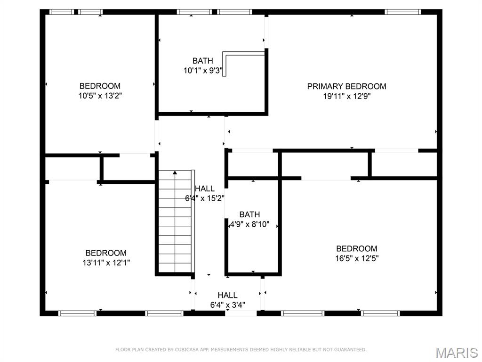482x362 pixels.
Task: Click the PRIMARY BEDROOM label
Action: [x=346, y=86]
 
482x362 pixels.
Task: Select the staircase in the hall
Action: [x=175, y=222]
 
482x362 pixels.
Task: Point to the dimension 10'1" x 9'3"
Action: [x=203, y=71]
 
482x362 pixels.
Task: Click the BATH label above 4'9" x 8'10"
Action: [x=249, y=214]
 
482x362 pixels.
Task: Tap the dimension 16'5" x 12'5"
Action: [x=356, y=258]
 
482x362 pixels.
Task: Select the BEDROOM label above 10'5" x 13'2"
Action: [x=100, y=86]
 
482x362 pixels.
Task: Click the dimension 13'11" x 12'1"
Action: [x=106, y=263]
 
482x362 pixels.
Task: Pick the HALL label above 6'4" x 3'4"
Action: [x=227, y=296]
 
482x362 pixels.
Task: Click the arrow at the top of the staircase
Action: [x=175, y=173]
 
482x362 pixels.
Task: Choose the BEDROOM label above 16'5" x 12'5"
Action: [x=356, y=248]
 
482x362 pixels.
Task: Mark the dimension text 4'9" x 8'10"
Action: [x=249, y=224]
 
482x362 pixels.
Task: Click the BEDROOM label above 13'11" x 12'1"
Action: [x=106, y=253]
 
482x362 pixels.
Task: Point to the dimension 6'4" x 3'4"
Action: [x=227, y=305]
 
